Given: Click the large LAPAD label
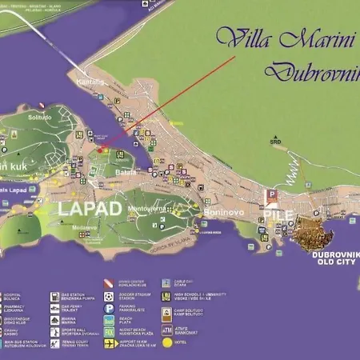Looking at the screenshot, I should tap(90, 209).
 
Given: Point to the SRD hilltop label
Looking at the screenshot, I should tap(276, 142).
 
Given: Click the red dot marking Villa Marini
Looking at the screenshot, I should tap(100, 150).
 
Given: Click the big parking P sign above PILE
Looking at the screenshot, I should tap(271, 194).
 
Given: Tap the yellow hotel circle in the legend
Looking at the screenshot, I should tap(167, 342).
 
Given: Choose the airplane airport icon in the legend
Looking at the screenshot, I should tap(109, 342).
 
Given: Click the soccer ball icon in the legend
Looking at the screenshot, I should tap(109, 296).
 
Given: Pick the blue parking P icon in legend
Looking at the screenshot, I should tap(109, 307).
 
